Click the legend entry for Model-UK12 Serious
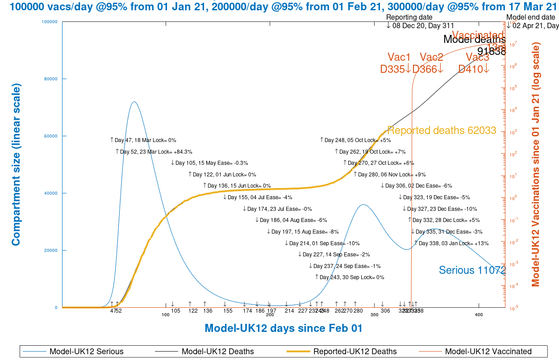point(86,352)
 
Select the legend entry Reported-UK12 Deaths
point(355,352)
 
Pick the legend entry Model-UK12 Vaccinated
point(488,352)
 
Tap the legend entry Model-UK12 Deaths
point(217,352)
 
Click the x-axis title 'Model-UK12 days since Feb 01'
point(283,328)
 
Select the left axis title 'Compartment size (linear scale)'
point(16,165)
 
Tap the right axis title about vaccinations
point(536,165)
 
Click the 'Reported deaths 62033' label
point(442,130)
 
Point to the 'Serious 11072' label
point(472,270)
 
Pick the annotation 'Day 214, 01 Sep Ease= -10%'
point(322,243)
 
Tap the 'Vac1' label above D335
point(399,57)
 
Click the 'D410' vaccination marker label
point(471,69)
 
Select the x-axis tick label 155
point(228,311)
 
